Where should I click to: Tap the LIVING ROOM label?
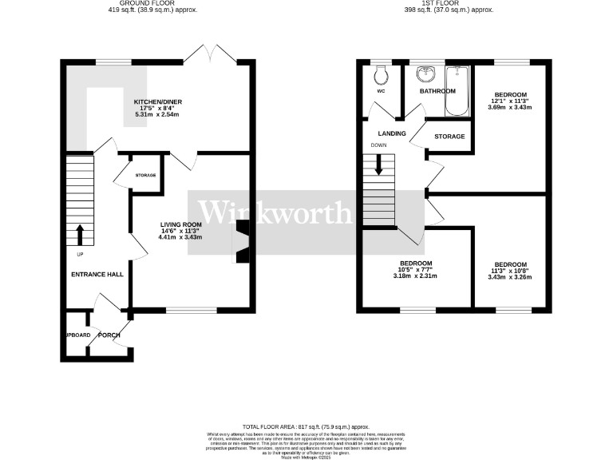(x=180, y=224)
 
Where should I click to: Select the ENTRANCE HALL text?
(x=97, y=275)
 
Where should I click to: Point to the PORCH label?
(x=109, y=335)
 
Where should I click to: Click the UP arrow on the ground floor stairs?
(x=80, y=235)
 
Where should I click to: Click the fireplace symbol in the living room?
(x=241, y=242)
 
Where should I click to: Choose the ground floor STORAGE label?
(x=145, y=175)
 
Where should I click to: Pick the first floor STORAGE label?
(x=449, y=137)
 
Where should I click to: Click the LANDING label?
(x=391, y=133)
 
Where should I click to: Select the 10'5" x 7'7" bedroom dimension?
(x=417, y=270)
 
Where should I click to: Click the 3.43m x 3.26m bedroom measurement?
(x=510, y=277)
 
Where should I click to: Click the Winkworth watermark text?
(x=274, y=212)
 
